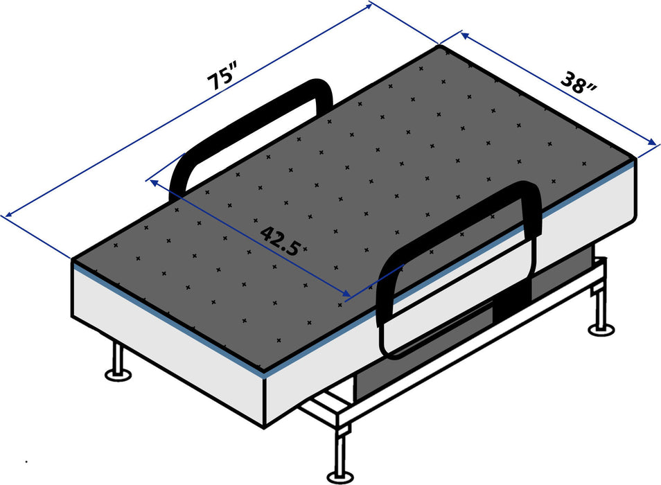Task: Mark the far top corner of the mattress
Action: click(x=439, y=46)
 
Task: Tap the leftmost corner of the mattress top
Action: click(x=73, y=260)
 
